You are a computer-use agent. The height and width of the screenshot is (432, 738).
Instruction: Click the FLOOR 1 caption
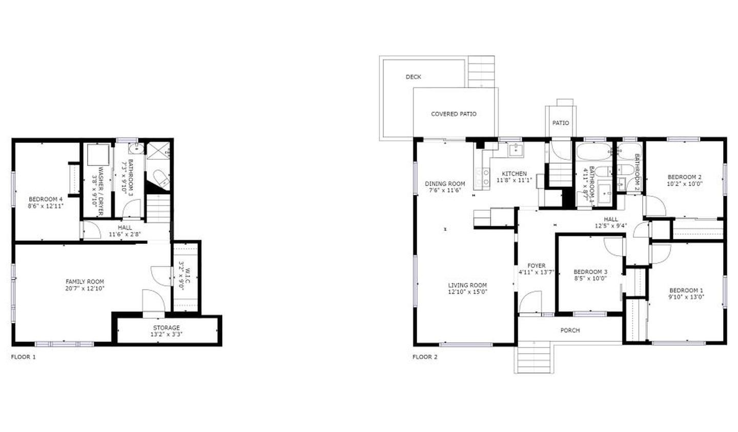pos(24,357)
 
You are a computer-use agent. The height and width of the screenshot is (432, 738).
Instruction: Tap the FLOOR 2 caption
pos(425,357)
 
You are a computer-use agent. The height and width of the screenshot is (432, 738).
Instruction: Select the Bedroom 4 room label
pos(46,199)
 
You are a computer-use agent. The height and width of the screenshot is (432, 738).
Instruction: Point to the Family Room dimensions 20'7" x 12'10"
pos(85,288)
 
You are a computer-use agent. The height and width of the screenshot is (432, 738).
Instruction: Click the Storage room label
pos(167,328)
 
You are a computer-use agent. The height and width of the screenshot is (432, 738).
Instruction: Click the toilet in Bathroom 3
pos(160,178)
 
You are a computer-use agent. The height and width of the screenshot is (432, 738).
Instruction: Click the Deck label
pos(413,77)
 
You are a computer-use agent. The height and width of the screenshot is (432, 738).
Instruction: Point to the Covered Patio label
pos(454,114)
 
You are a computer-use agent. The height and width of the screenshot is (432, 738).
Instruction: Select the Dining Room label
pos(445,184)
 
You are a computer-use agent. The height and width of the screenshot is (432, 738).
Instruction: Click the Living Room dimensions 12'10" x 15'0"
pos(467,292)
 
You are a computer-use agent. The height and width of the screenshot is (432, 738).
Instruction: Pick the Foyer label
pos(536,265)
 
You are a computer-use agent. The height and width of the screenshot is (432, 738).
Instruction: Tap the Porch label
pos(570,331)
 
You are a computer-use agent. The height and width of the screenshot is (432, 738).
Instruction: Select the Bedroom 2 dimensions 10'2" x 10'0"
pos(684,183)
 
